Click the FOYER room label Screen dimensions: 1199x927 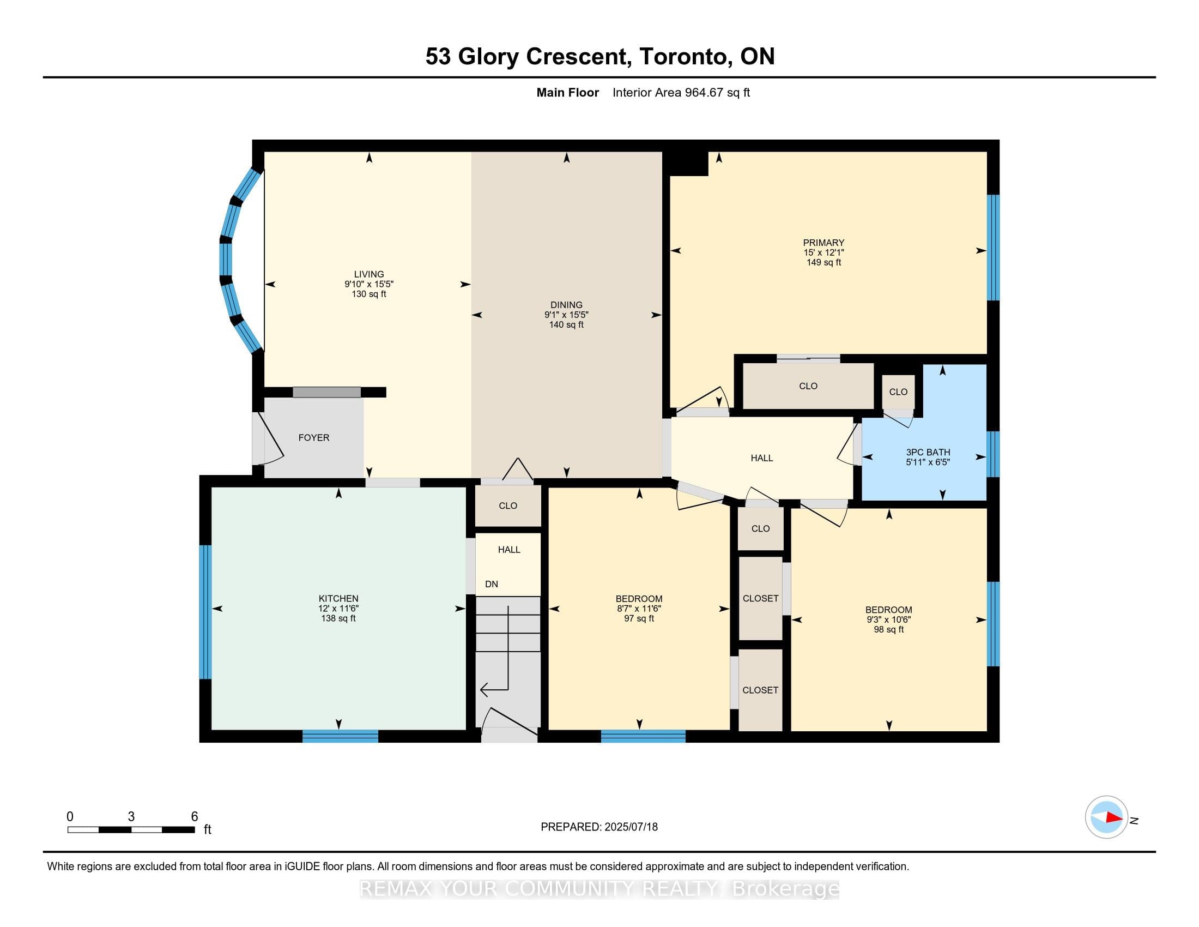[313, 438]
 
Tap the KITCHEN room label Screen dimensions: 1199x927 [338, 599]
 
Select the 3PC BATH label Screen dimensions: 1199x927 [928, 452]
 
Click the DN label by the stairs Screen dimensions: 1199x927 [492, 585]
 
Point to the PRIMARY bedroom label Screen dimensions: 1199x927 [823, 243]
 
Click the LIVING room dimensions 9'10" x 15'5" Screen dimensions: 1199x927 [369, 284]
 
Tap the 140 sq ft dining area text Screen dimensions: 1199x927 [566, 324]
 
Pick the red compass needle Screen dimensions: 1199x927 [1114, 817]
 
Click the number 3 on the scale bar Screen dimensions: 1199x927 [131, 817]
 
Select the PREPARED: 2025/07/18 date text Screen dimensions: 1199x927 [599, 827]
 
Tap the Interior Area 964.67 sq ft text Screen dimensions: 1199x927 [681, 93]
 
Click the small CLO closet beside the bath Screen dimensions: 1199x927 [898, 392]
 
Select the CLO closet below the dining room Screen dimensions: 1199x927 [508, 506]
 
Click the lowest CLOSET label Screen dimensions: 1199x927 [760, 690]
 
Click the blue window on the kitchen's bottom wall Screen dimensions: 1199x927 [341, 737]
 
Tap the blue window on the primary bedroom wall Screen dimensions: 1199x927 [993, 248]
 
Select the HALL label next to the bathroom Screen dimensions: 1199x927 [761, 458]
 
